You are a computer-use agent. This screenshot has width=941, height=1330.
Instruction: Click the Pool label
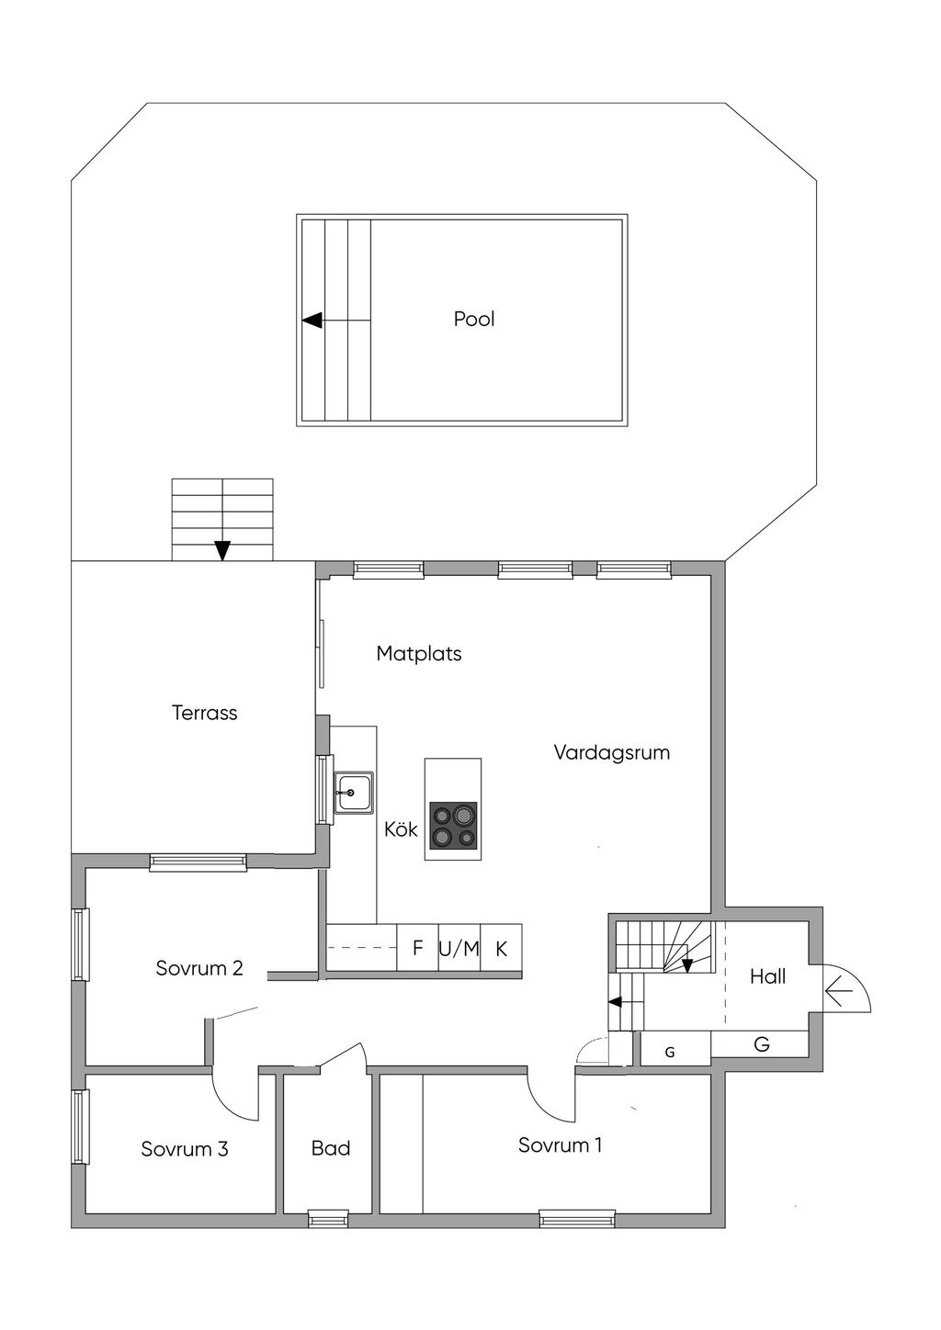pos(474,319)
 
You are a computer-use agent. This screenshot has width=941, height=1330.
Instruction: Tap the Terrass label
pos(204,713)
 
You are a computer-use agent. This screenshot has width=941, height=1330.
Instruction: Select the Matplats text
pos(419,654)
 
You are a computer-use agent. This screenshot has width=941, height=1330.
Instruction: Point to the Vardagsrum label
pos(612,752)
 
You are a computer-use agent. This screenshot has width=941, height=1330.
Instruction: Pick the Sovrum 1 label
pos(561,1144)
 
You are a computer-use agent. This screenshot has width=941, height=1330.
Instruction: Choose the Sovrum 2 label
pos(199,968)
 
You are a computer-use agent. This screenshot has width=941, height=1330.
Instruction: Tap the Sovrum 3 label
pos(185,1149)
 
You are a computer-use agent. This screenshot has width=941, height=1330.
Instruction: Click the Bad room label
pos(331,1148)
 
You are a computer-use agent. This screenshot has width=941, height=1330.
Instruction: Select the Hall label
pos(767,976)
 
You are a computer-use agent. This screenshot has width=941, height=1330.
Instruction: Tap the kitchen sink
pos(353,792)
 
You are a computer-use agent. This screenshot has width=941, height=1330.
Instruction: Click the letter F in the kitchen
pos(417,948)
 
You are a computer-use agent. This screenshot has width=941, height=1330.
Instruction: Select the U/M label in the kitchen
pos(459,949)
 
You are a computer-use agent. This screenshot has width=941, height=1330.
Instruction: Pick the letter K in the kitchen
pos(502,949)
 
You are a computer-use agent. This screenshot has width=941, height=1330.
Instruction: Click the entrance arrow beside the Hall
pos(839,992)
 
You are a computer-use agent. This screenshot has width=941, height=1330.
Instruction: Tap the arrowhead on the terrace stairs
pos(222,551)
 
